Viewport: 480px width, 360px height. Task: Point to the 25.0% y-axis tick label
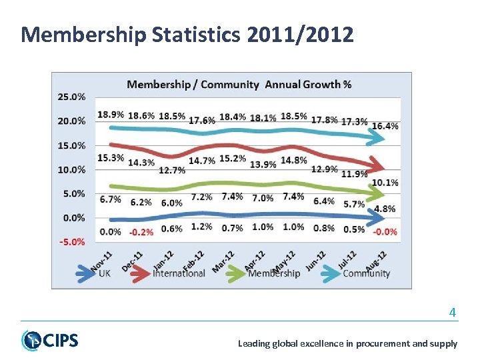click(x=72, y=97)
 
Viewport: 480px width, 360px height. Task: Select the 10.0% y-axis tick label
click(x=72, y=169)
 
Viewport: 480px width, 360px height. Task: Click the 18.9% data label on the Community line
click(x=110, y=115)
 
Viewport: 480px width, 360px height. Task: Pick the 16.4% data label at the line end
click(x=385, y=125)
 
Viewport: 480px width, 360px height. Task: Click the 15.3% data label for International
click(x=110, y=157)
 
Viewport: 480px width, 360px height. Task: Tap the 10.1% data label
click(x=385, y=183)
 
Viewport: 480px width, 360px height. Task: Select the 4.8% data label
click(x=385, y=209)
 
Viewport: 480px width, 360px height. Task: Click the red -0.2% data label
click(x=141, y=232)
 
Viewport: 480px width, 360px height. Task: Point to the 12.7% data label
click(x=171, y=169)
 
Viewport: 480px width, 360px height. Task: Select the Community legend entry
click(x=366, y=273)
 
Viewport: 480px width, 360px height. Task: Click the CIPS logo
click(x=49, y=340)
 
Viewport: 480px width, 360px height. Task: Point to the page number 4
click(x=453, y=311)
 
